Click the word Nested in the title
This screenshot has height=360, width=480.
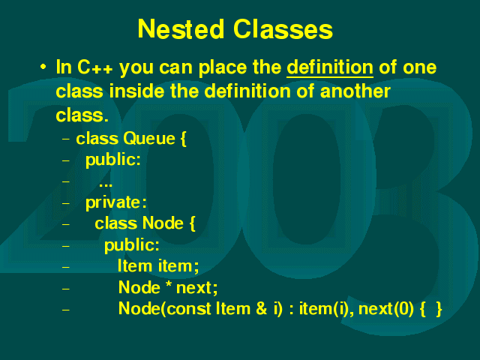pos(181,29)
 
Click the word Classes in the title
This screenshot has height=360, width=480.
pos(283,29)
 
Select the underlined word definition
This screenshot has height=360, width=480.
pos(330,67)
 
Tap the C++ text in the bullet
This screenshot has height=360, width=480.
pos(95,67)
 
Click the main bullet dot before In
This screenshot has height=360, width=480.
pos(43,67)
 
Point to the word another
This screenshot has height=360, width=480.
pos(355,91)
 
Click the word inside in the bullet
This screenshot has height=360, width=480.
pos(136,91)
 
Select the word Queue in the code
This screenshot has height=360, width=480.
pos(149,139)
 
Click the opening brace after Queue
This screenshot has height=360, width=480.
pos(183,139)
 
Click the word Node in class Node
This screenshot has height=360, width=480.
pos(163,223)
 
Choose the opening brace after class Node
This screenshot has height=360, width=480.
pos(192,224)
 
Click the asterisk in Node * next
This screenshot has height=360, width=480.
pos(168,285)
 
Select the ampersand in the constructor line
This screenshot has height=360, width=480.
pos(262,308)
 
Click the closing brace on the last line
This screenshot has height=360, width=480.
pos(439,309)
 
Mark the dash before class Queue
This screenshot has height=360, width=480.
pos(66,139)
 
